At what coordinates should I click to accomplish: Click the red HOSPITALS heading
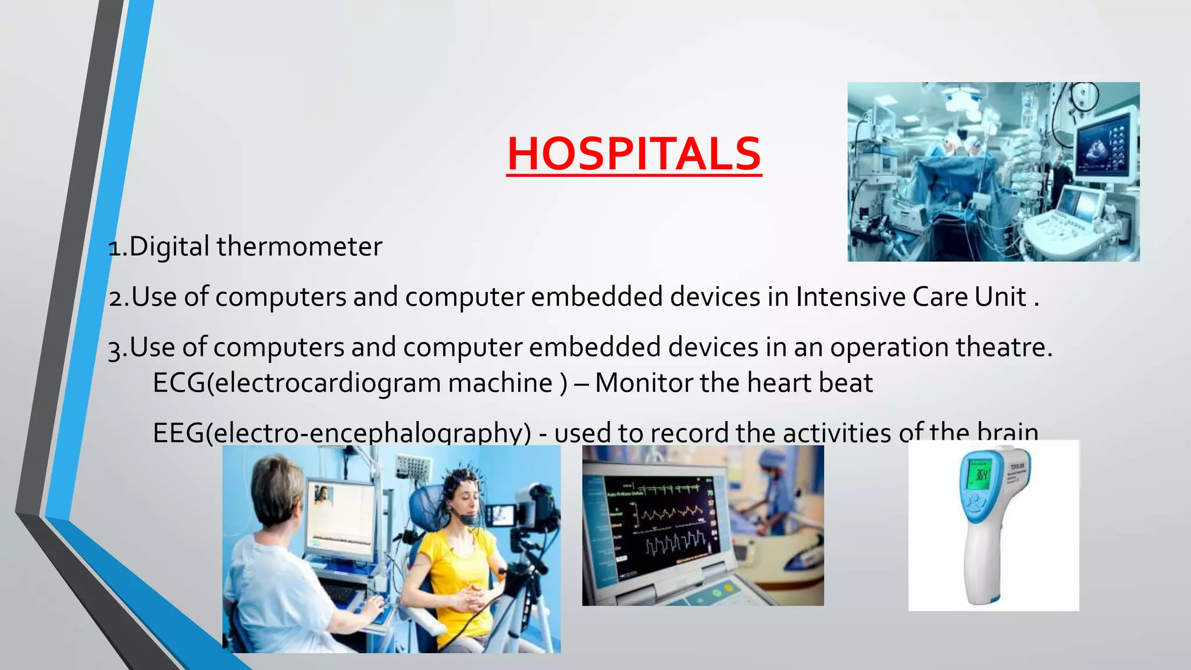pyautogui.click(x=634, y=154)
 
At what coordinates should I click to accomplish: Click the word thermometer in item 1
pyautogui.click(x=299, y=247)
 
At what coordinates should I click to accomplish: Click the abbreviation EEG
pyautogui.click(x=178, y=433)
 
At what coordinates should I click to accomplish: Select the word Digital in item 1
pyautogui.click(x=169, y=247)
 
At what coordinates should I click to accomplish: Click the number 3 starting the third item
pyautogui.click(x=114, y=350)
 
